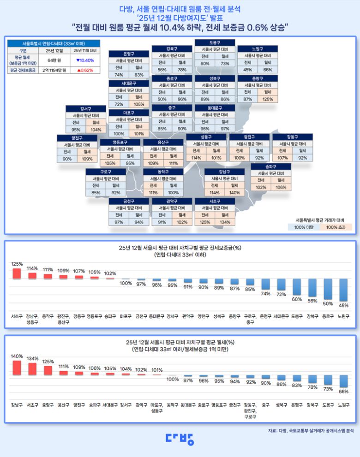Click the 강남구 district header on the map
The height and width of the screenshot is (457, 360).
(x=225, y=172)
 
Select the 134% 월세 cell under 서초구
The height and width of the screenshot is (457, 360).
(x=225, y=222)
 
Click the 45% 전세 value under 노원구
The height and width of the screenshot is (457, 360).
(x=248, y=70)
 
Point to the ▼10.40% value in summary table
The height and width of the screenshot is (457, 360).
(x=84, y=60)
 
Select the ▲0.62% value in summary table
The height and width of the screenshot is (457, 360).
(x=84, y=70)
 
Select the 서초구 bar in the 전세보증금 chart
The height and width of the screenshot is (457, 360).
(x=17, y=273)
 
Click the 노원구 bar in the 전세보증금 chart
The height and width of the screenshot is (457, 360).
(x=343, y=290)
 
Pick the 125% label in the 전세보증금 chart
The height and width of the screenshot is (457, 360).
(x=17, y=264)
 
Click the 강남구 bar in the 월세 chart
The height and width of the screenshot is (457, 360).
(x=17, y=368)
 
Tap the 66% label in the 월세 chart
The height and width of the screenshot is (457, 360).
(x=343, y=392)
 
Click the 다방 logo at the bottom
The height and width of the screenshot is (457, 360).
(x=180, y=439)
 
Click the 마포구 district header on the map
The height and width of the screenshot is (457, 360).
(x=129, y=113)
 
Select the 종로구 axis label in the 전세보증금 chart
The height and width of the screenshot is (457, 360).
(x=328, y=316)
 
